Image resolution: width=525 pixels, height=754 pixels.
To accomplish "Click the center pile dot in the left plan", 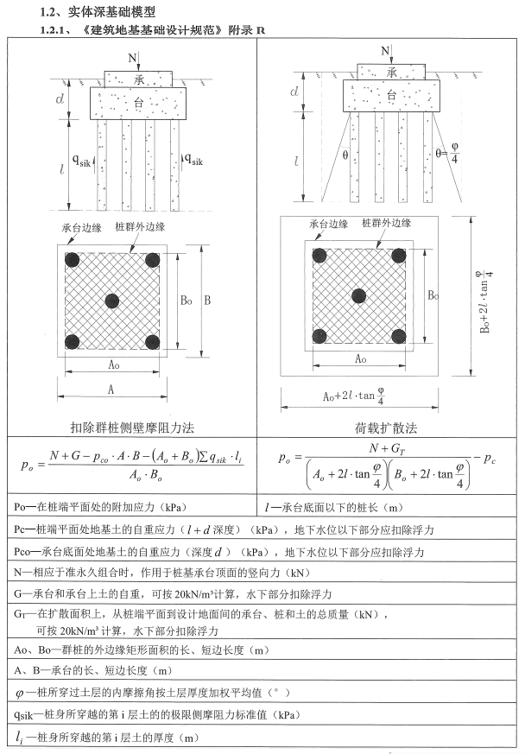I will click(111, 301).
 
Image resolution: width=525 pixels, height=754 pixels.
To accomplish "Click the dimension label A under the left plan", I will click(111, 390).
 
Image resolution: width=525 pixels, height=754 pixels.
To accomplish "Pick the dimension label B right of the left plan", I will click(206, 301).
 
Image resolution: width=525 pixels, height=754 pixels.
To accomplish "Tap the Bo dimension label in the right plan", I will click(433, 295).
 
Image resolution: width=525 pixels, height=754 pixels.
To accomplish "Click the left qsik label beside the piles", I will click(83, 160).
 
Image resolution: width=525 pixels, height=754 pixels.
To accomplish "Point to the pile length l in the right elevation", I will click(296, 162).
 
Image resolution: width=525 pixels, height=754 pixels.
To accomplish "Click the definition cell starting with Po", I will click(130, 506).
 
